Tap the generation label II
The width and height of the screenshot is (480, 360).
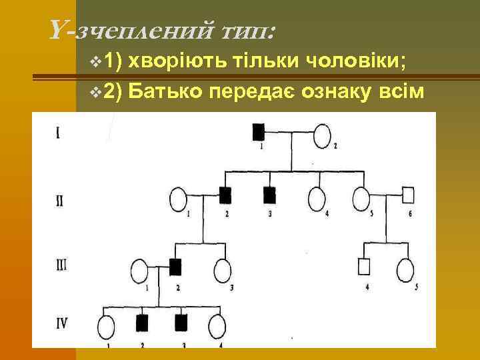click(x=60, y=200)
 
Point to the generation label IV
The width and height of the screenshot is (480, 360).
click(x=61, y=327)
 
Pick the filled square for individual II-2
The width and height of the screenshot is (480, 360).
click(x=225, y=195)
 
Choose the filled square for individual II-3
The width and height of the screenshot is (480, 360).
click(x=269, y=195)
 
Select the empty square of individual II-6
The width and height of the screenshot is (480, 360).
click(x=409, y=195)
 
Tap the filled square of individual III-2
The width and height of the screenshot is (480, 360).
click(x=175, y=267)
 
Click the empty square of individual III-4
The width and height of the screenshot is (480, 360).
click(x=365, y=266)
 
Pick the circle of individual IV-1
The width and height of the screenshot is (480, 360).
click(x=107, y=327)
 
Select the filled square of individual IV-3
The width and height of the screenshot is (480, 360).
click(x=179, y=323)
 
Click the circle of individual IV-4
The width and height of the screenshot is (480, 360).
click(x=217, y=327)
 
